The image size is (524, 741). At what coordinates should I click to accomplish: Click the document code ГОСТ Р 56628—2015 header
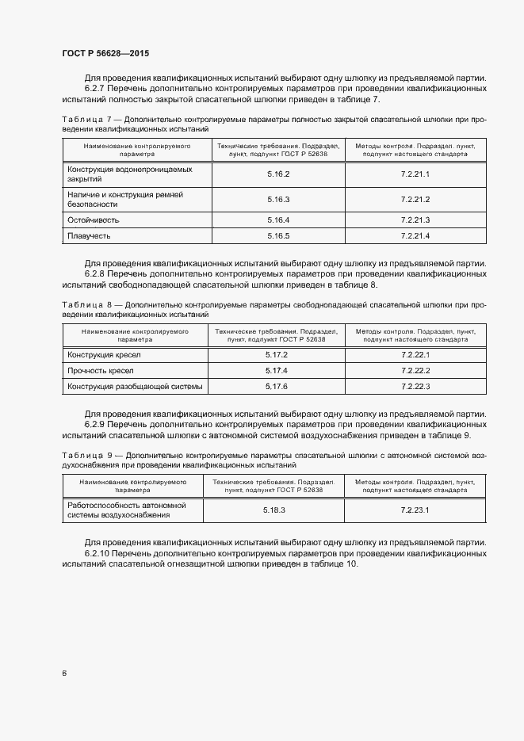[105, 53]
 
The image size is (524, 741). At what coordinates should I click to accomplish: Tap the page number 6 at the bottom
[64, 673]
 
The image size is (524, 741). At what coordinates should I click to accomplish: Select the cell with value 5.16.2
[278, 174]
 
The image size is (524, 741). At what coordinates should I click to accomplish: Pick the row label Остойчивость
[93, 220]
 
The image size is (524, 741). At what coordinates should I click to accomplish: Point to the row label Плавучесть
[88, 236]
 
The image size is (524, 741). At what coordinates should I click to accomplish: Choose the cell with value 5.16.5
[278, 236]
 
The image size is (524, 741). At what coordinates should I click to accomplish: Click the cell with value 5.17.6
[276, 386]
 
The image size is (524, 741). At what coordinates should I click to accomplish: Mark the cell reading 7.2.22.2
[415, 370]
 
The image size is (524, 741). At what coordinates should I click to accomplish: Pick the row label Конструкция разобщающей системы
[135, 386]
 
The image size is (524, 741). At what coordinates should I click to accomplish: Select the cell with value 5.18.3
[274, 510]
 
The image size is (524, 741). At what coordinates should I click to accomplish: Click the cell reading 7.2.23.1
[415, 510]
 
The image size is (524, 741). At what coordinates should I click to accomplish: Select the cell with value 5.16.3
[278, 199]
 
